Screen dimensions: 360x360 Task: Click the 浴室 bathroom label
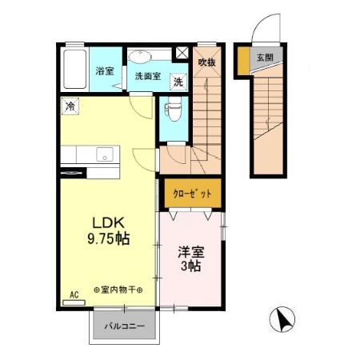coord(105,71)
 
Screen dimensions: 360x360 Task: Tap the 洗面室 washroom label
coord(148,76)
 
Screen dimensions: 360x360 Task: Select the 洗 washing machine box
coord(178,81)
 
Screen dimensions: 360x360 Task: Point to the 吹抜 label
coord(207,62)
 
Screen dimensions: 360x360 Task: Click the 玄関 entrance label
coord(264,58)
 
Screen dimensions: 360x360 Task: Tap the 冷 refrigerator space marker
coord(71,106)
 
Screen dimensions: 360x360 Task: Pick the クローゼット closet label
coord(191,194)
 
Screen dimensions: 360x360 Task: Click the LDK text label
coord(106,222)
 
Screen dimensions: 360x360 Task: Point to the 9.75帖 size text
coord(107,238)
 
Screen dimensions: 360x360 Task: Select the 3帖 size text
coord(190,266)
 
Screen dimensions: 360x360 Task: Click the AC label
coord(74,293)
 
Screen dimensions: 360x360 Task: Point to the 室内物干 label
coord(118,289)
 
